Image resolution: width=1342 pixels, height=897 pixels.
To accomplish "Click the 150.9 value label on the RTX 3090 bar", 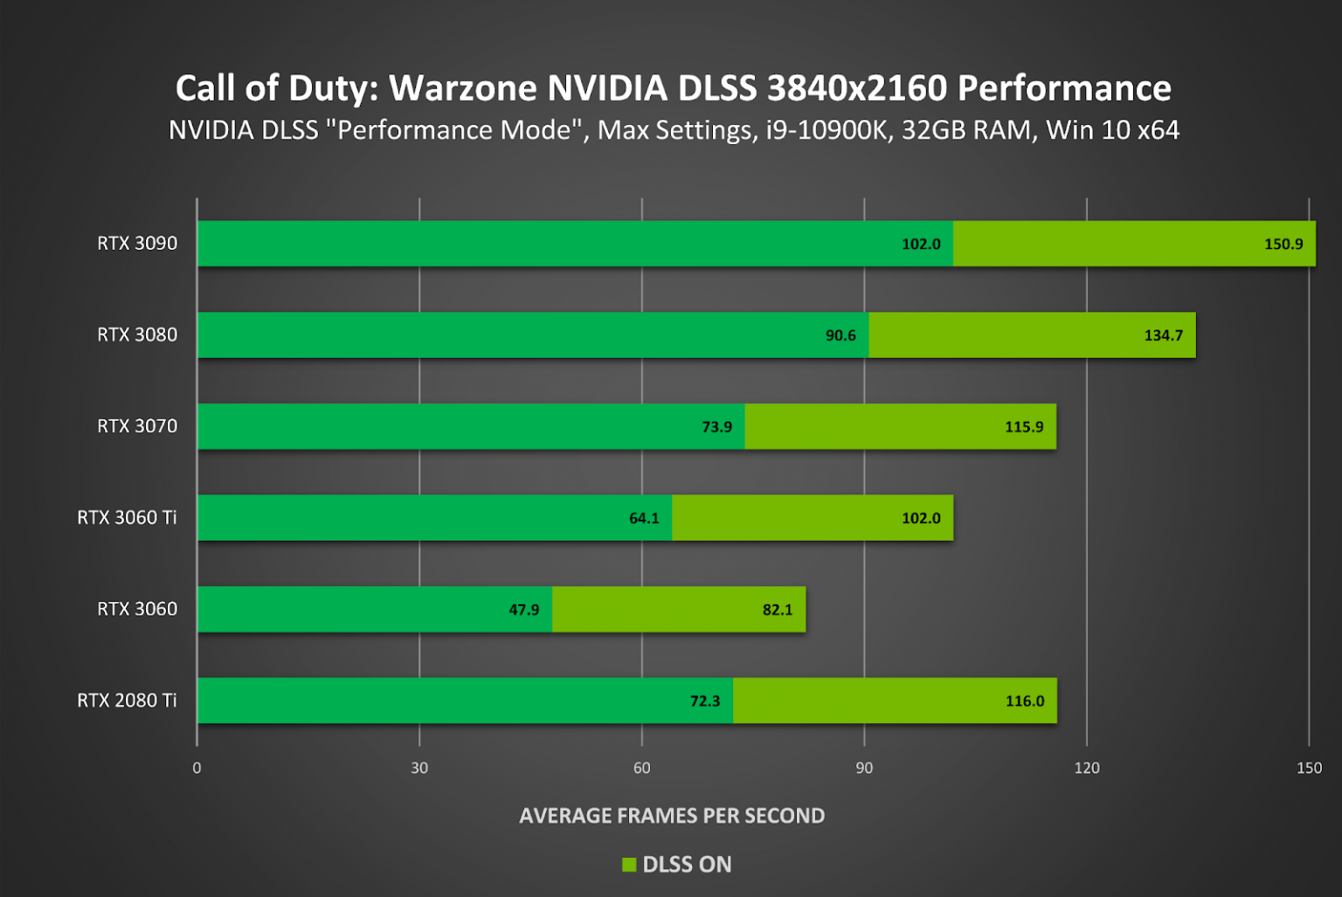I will tap(1283, 244).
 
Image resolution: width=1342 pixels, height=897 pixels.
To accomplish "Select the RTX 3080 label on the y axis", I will tap(137, 335).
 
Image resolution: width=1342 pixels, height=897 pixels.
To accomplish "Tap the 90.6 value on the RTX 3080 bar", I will tap(840, 335).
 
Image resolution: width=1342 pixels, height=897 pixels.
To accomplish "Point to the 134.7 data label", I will tap(1163, 335).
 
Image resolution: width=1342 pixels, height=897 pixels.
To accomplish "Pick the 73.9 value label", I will tap(716, 427).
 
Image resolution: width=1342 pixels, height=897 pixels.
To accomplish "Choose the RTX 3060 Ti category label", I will tap(127, 517).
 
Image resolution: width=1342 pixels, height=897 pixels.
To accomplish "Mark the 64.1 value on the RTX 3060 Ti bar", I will tap(644, 518).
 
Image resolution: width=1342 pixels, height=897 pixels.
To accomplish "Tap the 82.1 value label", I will tap(777, 610).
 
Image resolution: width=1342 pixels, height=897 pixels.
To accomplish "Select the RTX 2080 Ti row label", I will tap(127, 700).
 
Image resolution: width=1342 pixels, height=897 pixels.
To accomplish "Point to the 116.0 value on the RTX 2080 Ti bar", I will tap(1024, 701).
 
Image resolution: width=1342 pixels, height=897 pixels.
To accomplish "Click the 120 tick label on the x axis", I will tap(1087, 768).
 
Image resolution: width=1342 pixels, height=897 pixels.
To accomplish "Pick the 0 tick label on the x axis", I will tap(197, 768).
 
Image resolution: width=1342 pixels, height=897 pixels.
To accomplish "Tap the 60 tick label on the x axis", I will tap(642, 768).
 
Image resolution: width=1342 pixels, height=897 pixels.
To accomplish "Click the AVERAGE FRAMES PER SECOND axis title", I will tap(672, 816).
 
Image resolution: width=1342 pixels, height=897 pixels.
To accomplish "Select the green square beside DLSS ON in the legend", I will tap(629, 865).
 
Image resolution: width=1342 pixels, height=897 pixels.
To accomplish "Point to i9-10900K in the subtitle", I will tap(828, 130).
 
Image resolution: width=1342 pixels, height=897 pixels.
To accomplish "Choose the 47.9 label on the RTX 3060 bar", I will tap(523, 610).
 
